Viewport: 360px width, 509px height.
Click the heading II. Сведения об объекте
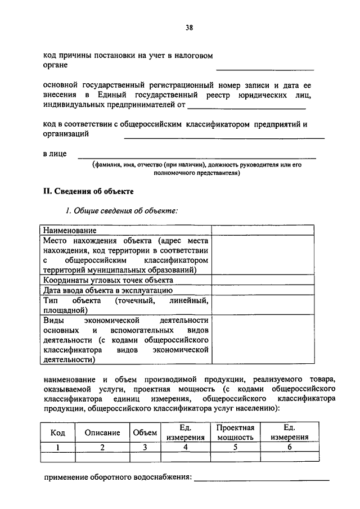pos(88,191)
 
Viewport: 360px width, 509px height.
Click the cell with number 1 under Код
pos(58,447)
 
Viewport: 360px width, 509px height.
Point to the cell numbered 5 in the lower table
pos(236,447)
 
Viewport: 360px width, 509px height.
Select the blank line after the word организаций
pos(224,137)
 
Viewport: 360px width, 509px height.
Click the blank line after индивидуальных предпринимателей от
pos(247,107)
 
